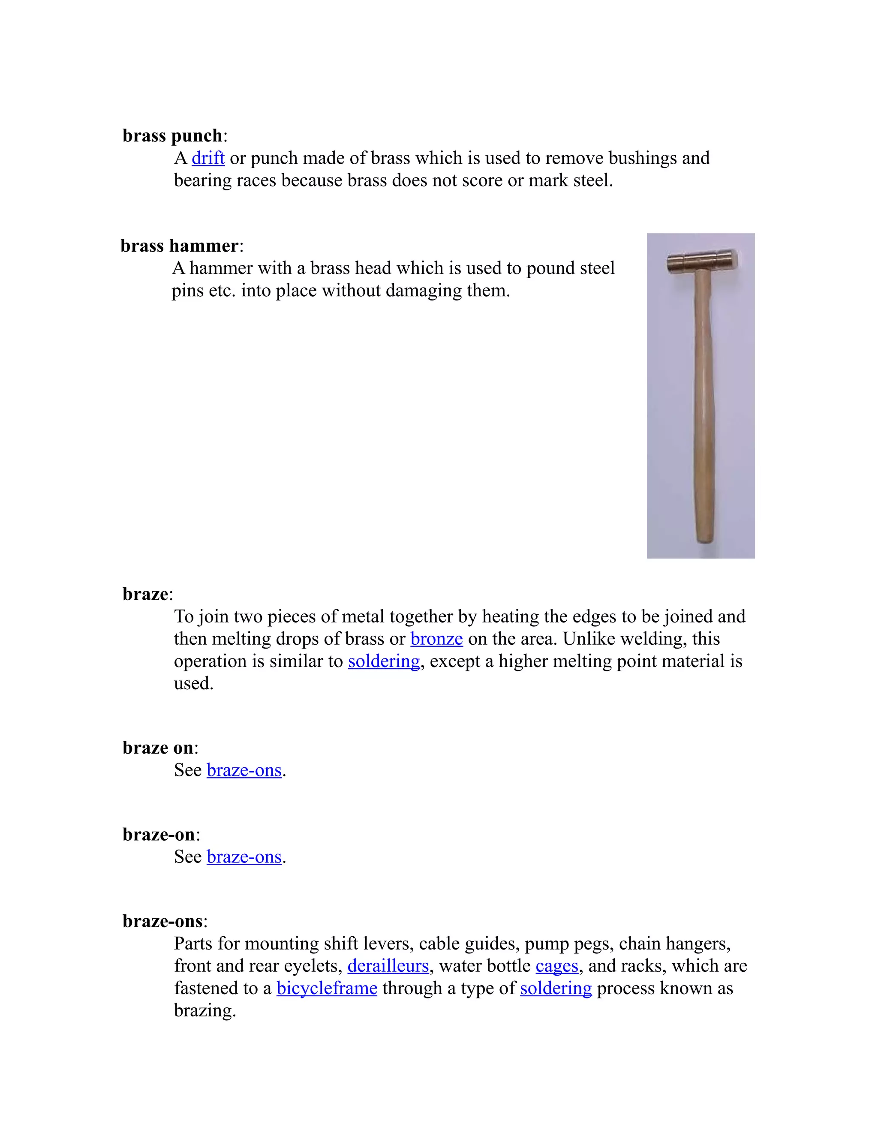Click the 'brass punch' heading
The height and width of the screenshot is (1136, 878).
[172, 136]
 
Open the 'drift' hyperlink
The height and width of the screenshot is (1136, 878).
[207, 158]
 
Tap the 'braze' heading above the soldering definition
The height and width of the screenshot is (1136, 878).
[145, 594]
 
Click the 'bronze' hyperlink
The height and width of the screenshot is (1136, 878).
[436, 639]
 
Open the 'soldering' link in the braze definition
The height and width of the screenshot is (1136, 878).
[383, 661]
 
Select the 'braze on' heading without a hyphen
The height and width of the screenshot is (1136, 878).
[158, 748]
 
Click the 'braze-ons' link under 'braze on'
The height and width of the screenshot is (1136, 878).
[244, 770]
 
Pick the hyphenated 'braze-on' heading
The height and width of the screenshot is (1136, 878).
[158, 834]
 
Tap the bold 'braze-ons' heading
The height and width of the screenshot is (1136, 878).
[162, 921]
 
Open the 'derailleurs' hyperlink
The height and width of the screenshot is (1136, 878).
[388, 966]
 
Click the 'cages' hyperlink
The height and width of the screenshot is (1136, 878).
[556, 966]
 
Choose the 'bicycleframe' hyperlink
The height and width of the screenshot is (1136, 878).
[327, 988]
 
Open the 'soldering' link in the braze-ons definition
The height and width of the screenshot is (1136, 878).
[556, 988]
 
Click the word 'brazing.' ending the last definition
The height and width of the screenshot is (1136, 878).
[205, 1011]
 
